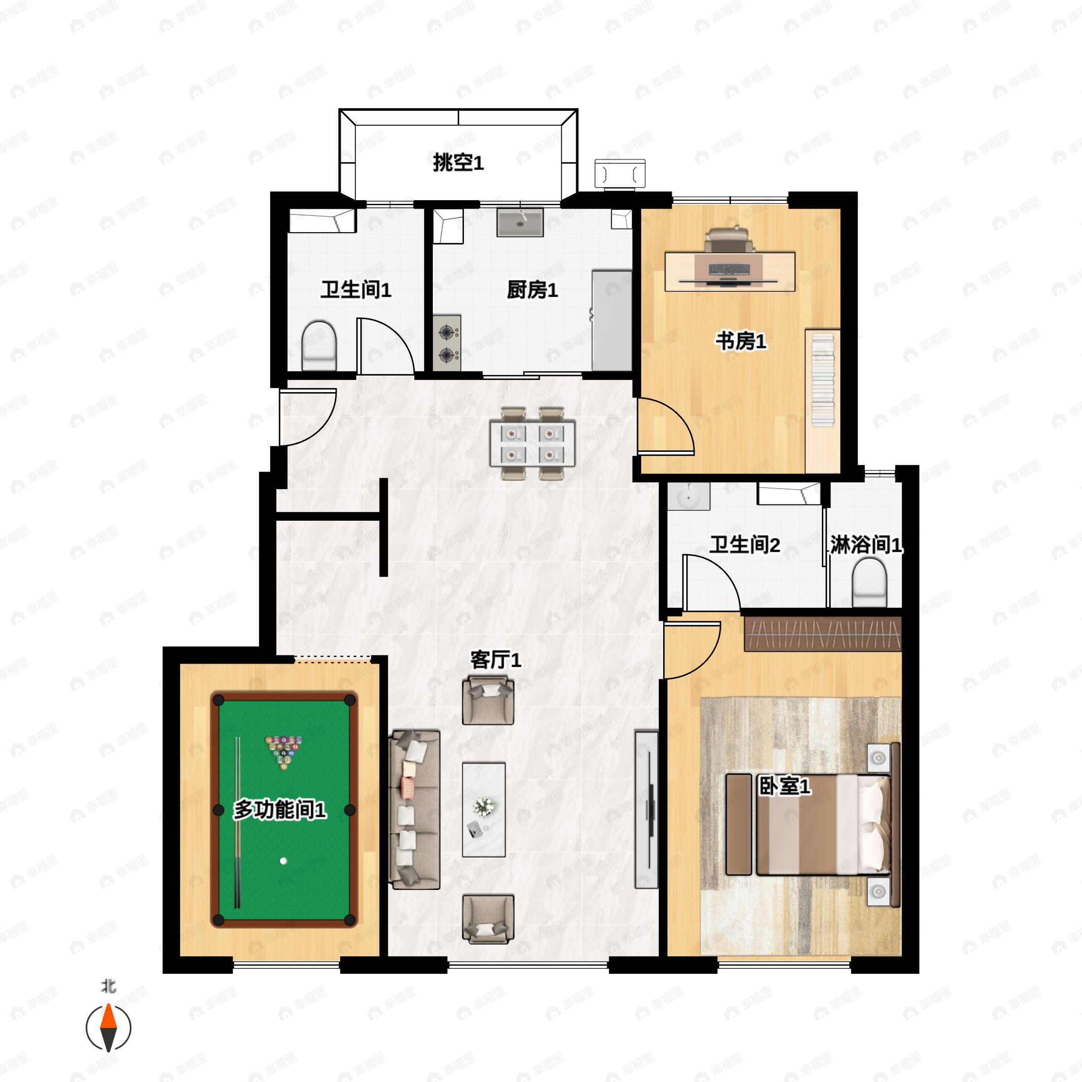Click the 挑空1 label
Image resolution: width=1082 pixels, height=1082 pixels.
click(458, 163)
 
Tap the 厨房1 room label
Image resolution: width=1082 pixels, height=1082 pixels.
click(532, 290)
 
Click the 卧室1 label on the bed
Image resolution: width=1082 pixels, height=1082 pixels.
click(784, 786)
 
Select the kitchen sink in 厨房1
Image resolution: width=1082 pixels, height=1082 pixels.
click(520, 223)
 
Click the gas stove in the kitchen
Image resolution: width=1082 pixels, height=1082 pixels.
click(447, 343)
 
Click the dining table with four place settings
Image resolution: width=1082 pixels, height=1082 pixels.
click(532, 442)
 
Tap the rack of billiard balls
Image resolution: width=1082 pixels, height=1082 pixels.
click(284, 752)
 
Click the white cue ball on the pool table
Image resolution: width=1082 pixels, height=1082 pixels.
click(284, 861)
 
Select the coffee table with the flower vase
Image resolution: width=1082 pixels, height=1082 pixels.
click(484, 809)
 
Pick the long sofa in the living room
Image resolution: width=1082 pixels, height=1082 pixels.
click(414, 809)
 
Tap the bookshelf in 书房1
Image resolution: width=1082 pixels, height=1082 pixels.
click(823, 401)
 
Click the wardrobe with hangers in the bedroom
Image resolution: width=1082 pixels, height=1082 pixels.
click(822, 634)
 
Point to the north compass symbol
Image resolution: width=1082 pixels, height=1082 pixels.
click(108, 1028)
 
